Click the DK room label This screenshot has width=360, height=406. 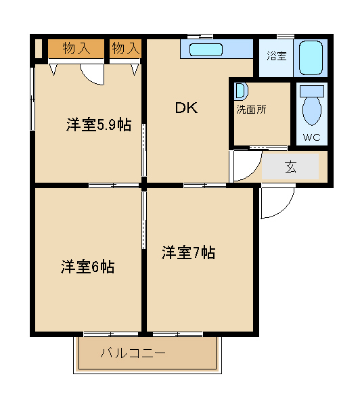coord(187,108)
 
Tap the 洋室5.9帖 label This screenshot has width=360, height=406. coord(99,125)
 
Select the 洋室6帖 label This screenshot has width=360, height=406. coord(87,266)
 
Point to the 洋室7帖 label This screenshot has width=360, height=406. coord(188,252)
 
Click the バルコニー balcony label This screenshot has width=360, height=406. coord(133,353)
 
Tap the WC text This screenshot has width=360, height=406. coord(311,137)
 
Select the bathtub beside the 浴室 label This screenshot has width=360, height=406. coord(311,58)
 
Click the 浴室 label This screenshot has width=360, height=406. coord(277,56)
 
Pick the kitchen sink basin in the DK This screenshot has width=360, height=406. coord(206,49)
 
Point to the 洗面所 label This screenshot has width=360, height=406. coord(251,110)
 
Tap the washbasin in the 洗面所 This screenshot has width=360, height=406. coord(241,91)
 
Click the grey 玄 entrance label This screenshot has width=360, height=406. coord(290,166)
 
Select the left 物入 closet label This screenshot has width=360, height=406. coord(76,49)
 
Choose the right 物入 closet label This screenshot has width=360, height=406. coord(126,48)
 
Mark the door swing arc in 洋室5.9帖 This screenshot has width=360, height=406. coord(88,78)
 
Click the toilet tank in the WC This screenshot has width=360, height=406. coord(312,91)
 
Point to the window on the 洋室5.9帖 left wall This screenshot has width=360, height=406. coord(32,99)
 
